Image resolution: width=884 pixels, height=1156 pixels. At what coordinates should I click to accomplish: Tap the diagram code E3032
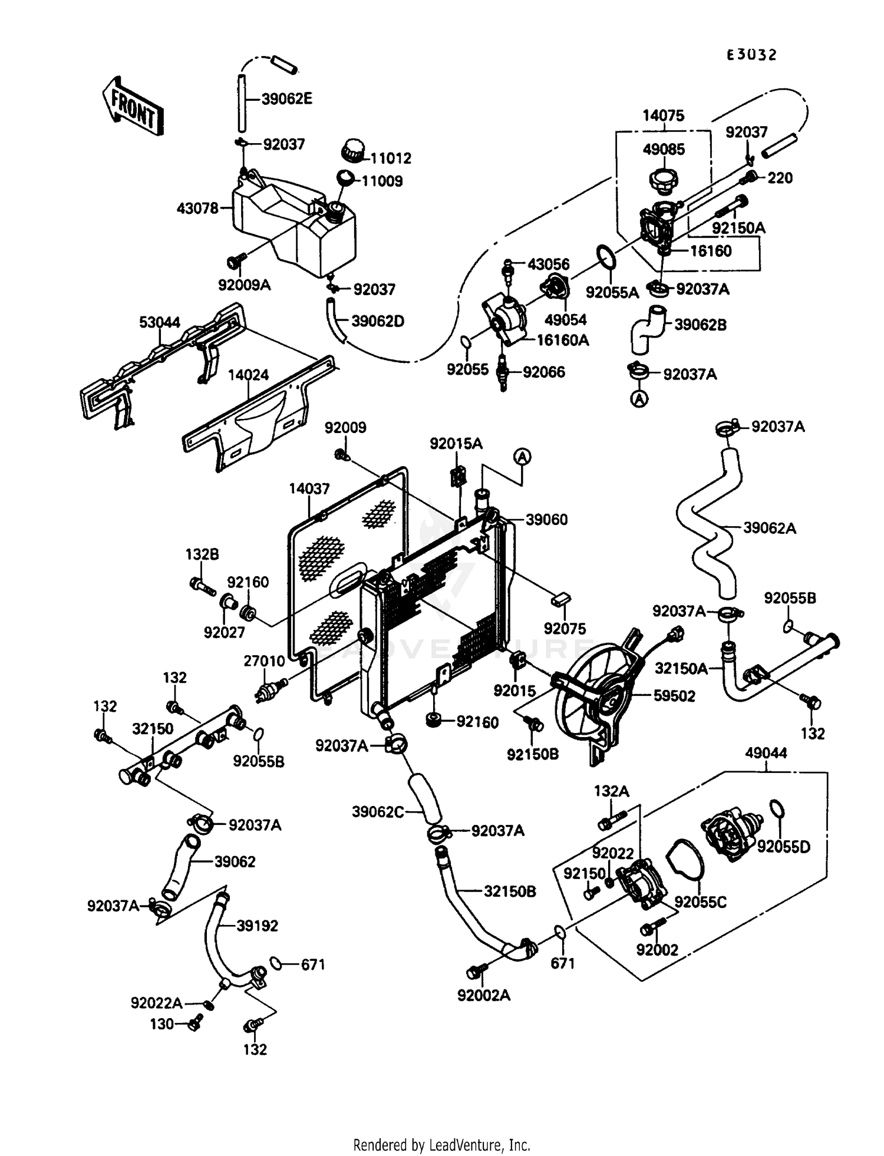(x=751, y=55)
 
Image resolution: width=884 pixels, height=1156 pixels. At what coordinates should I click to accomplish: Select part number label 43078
(x=197, y=208)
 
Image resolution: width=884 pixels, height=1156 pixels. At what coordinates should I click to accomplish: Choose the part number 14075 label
(x=663, y=115)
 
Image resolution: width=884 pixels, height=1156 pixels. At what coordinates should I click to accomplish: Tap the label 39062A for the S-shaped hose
(x=769, y=528)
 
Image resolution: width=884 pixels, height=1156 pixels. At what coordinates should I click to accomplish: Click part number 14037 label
(x=309, y=488)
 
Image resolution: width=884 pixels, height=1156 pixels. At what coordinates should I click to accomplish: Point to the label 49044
(x=766, y=753)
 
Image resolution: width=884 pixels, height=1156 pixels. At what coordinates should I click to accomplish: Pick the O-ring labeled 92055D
(x=777, y=811)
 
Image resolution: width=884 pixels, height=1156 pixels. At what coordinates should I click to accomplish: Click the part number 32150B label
(x=510, y=891)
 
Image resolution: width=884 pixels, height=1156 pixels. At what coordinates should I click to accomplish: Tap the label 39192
(x=257, y=926)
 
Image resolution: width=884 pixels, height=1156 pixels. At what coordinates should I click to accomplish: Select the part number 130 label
(x=161, y=1024)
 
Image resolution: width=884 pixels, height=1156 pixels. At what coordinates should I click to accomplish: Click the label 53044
(x=160, y=322)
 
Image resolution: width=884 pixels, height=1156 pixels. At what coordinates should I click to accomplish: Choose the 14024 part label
(x=248, y=375)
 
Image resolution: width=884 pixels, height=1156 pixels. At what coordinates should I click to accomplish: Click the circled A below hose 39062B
(x=639, y=399)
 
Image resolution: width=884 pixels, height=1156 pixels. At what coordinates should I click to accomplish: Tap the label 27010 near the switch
(x=264, y=661)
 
